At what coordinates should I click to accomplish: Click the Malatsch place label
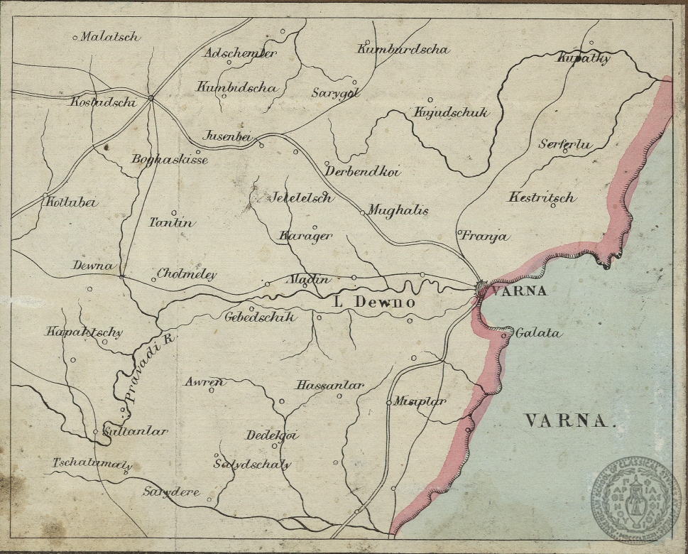coord(109,37)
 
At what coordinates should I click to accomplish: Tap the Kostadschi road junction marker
coord(151,98)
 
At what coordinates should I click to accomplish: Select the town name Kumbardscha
coord(403,50)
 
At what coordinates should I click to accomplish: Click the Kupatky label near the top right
coord(584,58)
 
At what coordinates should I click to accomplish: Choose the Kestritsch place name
coord(541,197)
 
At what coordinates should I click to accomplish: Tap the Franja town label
coord(486,237)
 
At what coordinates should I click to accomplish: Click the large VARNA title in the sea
coord(567,421)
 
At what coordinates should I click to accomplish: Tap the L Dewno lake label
coord(374,303)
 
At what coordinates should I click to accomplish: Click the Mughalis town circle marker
coord(363,212)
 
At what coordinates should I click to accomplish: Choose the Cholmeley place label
coord(186,274)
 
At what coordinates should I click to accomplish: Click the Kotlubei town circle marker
coord(45,195)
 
